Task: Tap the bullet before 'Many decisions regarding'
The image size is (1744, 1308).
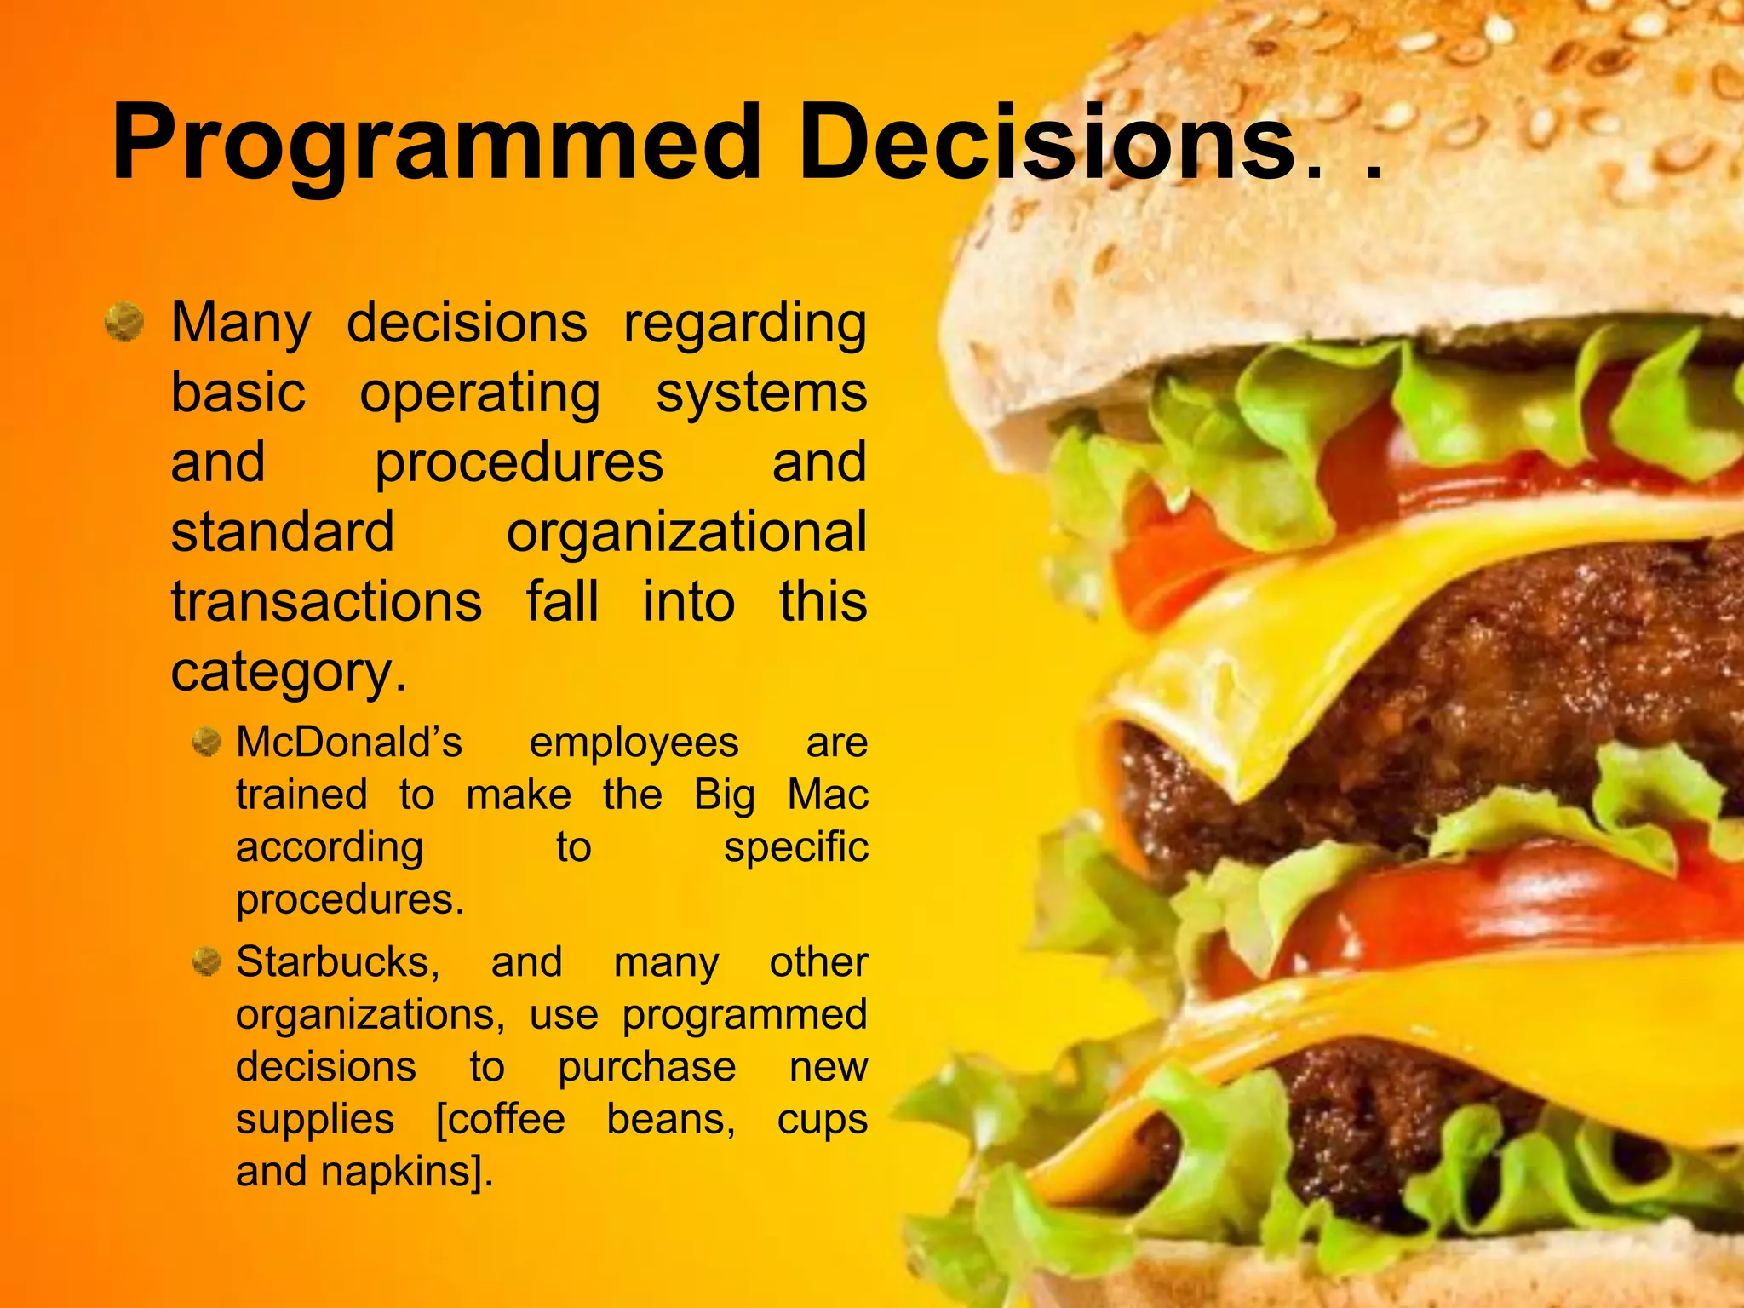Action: coord(125,324)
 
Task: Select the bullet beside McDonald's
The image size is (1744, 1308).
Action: coord(206,742)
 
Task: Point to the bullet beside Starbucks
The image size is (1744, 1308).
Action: coord(206,963)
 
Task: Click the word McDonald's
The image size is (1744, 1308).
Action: coord(349,742)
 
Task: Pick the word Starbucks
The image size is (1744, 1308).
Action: coord(338,963)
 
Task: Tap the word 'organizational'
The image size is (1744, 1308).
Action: coord(686,532)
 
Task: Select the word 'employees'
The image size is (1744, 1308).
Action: coord(634,743)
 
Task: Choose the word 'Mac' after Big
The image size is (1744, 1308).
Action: coord(828,795)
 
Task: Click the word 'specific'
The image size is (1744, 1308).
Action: coord(795,848)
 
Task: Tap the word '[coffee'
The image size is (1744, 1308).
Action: coord(501,1119)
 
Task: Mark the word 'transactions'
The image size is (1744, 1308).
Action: coord(326,601)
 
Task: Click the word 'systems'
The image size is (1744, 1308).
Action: coord(761,394)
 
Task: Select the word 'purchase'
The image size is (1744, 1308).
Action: coord(647,1068)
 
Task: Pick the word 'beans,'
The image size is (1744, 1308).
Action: coord(671,1119)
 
